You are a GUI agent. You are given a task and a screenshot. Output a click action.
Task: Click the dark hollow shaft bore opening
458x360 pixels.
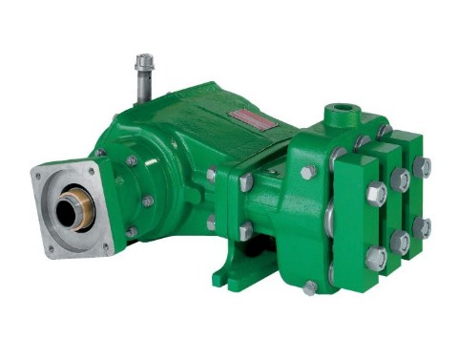click(68, 212)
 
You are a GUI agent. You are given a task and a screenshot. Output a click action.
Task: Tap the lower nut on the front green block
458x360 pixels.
click(376, 258)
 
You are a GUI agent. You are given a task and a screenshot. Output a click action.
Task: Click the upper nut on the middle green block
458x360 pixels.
click(400, 180)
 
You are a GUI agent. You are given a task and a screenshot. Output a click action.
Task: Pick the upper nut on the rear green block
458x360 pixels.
click(422, 168)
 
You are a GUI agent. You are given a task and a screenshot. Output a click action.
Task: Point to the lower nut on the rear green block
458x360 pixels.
click(423, 227)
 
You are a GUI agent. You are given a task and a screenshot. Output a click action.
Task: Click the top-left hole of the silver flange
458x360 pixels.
click(41, 176)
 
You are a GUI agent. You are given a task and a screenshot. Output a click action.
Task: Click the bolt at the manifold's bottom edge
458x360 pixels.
click(311, 286)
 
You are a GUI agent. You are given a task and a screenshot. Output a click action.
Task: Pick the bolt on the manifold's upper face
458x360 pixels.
click(307, 173)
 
